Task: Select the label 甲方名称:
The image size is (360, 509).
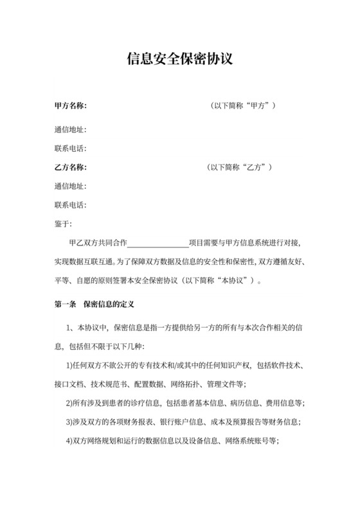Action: (71, 105)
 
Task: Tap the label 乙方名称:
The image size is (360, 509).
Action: (71, 168)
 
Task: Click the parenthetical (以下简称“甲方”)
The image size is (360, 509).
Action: (244, 105)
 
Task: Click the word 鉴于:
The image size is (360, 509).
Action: (65, 224)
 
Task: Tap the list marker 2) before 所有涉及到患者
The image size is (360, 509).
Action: (71, 403)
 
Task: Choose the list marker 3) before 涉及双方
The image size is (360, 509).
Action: (71, 422)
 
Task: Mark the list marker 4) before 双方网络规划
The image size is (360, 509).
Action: (71, 441)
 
